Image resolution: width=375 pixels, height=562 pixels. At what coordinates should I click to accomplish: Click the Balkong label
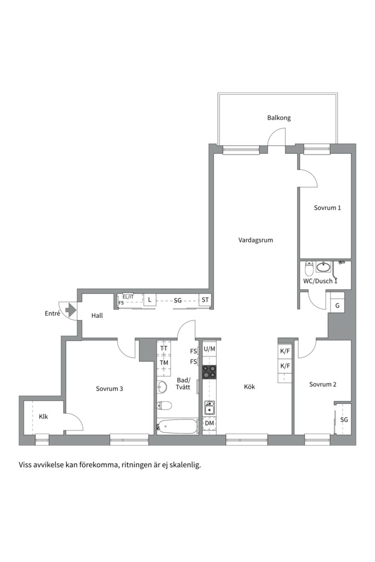[x=279, y=118]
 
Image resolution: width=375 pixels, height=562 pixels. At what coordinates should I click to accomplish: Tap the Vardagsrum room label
[x=256, y=240]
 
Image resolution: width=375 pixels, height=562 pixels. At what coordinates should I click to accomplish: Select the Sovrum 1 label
[x=327, y=208]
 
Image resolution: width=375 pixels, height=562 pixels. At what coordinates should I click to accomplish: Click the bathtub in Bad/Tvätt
[x=177, y=427]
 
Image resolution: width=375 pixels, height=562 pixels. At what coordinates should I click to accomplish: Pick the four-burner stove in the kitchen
[x=209, y=372]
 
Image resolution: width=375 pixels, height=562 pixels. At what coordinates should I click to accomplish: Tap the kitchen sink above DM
[x=209, y=408]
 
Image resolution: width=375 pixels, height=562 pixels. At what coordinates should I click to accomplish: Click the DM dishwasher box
[x=209, y=423]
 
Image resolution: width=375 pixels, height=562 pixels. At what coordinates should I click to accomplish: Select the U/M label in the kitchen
[x=209, y=349]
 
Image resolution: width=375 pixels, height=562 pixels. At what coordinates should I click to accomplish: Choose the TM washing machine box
[x=164, y=363]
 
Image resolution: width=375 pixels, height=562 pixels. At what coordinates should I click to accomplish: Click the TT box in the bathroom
[x=164, y=348]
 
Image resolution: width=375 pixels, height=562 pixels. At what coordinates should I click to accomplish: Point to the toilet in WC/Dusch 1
[x=309, y=268]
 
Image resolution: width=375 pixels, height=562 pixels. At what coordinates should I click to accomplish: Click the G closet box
[x=337, y=306]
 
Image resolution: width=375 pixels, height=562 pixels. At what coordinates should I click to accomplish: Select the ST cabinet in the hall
[x=205, y=300]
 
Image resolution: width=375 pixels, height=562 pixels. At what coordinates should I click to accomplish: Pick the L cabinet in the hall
[x=149, y=300]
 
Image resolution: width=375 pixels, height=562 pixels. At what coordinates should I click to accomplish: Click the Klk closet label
[x=43, y=416]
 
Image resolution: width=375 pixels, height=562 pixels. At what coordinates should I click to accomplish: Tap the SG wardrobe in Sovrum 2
[x=344, y=419]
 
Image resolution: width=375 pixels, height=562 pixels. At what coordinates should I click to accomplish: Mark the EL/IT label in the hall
[x=128, y=297]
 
